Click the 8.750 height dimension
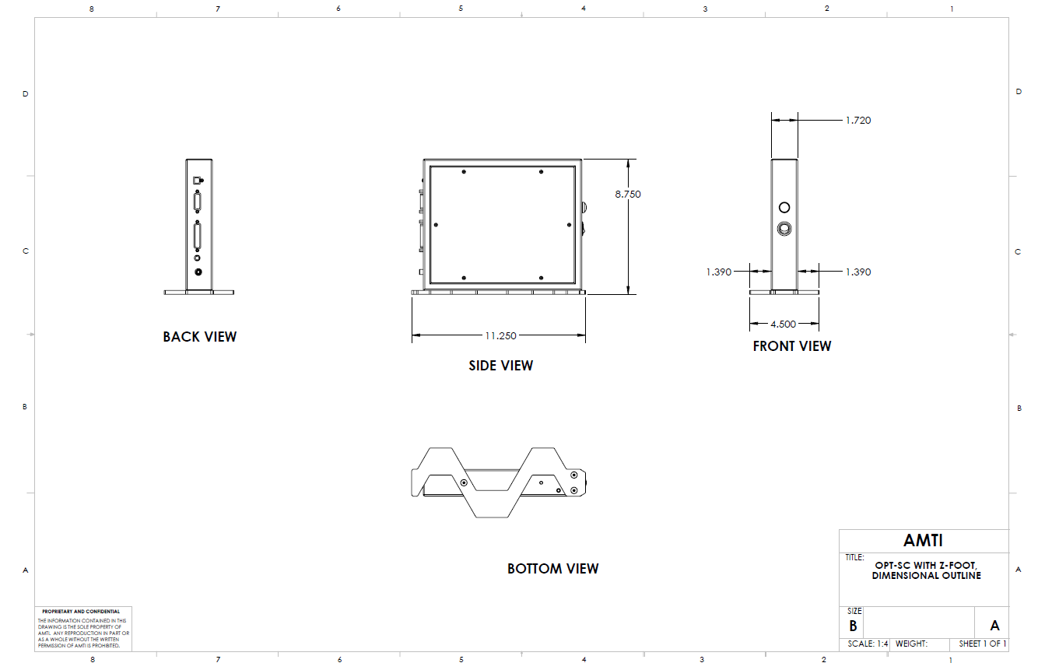click(627, 194)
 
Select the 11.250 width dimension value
click(500, 336)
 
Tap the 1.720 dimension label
click(858, 121)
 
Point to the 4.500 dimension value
click(784, 324)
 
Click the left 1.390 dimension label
click(718, 272)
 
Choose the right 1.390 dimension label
click(858, 272)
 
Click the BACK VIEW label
click(200, 337)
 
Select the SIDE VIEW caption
click(500, 365)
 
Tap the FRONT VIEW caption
click(791, 346)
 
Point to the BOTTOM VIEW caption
click(552, 569)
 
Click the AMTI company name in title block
click(923, 540)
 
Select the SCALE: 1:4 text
click(868, 644)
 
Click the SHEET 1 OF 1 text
click(983, 644)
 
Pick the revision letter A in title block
click(994, 626)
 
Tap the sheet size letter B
click(853, 626)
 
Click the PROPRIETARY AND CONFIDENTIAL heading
click(81, 611)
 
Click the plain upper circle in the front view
click(784, 207)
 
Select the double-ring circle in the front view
click(784, 229)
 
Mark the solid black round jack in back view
click(198, 272)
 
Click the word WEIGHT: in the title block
click(911, 644)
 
